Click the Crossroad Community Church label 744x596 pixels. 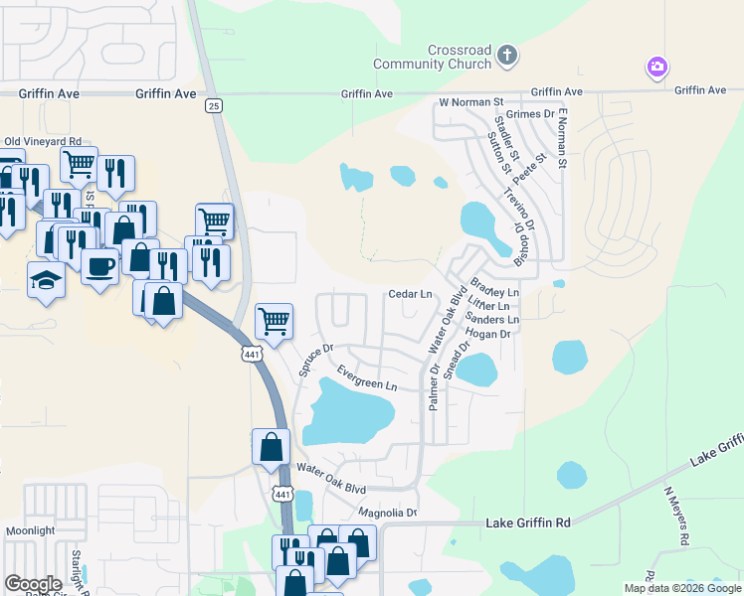(432, 57)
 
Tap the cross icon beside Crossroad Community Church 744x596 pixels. (507, 55)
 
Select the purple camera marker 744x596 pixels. (656, 68)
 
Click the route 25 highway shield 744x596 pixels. (214, 105)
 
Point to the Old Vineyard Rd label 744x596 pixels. (43, 142)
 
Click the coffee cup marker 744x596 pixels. (99, 266)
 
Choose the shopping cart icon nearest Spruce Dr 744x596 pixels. (274, 321)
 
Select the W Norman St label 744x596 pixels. (471, 101)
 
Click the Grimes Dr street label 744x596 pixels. (530, 114)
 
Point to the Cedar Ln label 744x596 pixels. (410, 294)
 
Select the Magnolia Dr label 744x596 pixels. (387, 513)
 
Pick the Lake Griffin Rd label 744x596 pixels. (528, 522)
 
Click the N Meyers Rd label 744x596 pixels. (676, 517)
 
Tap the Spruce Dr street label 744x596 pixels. (315, 360)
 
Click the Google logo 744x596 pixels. (33, 584)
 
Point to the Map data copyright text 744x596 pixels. (681, 588)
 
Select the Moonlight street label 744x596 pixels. (30, 531)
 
